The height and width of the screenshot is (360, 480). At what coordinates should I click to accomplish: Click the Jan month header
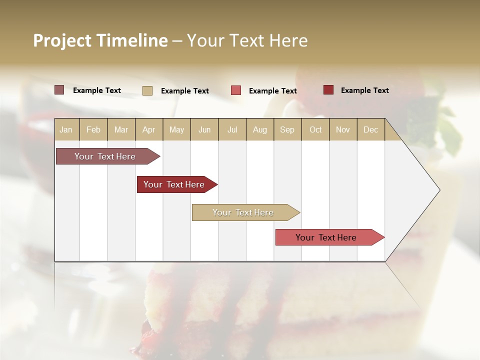(66, 130)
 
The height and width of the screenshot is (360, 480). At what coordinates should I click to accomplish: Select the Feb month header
(93, 130)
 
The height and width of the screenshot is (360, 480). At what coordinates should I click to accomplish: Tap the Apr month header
(148, 130)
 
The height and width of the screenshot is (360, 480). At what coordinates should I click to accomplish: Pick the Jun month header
(204, 130)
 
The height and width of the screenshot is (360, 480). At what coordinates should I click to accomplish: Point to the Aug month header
(259, 130)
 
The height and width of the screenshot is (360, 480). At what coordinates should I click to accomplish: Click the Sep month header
(287, 130)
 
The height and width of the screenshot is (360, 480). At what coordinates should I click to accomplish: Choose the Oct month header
(315, 130)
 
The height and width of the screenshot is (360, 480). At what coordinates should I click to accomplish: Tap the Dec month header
(370, 130)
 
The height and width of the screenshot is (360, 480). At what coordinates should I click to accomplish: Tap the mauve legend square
(59, 90)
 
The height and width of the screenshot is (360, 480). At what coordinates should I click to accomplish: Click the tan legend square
(147, 90)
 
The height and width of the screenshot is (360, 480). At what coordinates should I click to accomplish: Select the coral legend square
(235, 90)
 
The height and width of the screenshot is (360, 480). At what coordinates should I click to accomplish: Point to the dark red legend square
(328, 90)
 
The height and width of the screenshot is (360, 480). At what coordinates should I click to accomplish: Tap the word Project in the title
(62, 40)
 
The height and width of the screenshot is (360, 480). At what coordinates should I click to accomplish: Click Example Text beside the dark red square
(364, 90)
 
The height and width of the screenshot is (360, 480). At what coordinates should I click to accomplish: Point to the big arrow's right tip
(439, 190)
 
